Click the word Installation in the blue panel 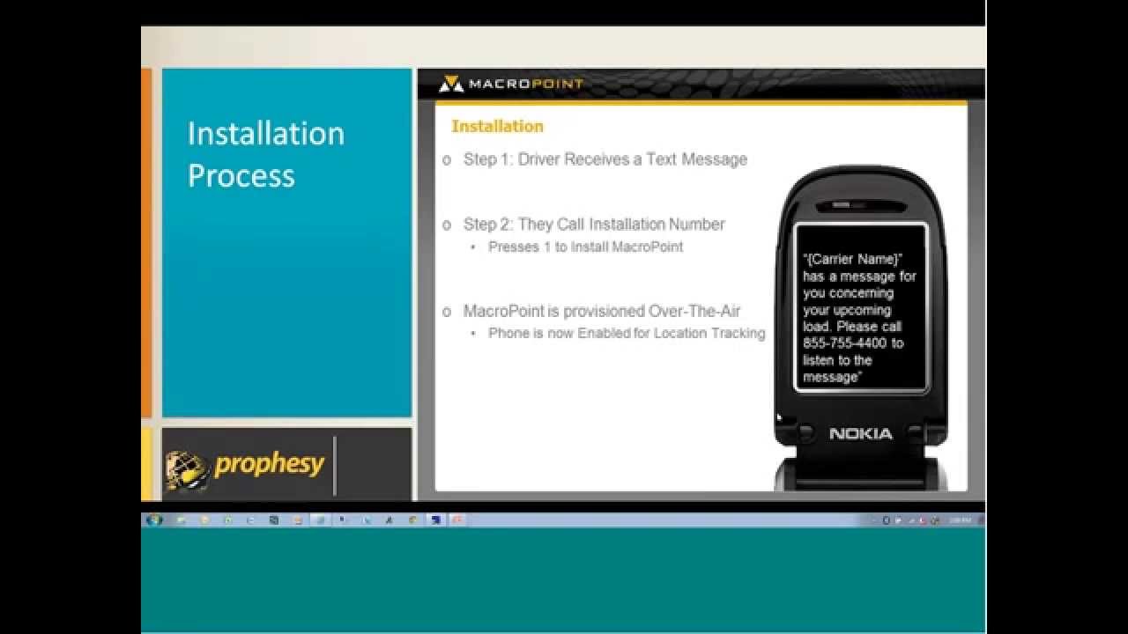(x=265, y=134)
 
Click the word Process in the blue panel (x=241, y=175)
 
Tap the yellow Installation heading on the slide (x=497, y=126)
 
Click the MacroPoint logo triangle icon (x=450, y=84)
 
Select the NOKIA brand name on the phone (x=860, y=433)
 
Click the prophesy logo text (x=269, y=464)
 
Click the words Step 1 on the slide (x=486, y=159)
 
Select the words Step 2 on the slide (x=486, y=225)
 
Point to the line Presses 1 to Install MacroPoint (x=585, y=247)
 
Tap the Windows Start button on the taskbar (x=155, y=520)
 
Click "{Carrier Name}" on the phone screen (x=852, y=259)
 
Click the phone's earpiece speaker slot (x=860, y=207)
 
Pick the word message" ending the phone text (x=832, y=377)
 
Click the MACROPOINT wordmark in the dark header (x=525, y=84)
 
